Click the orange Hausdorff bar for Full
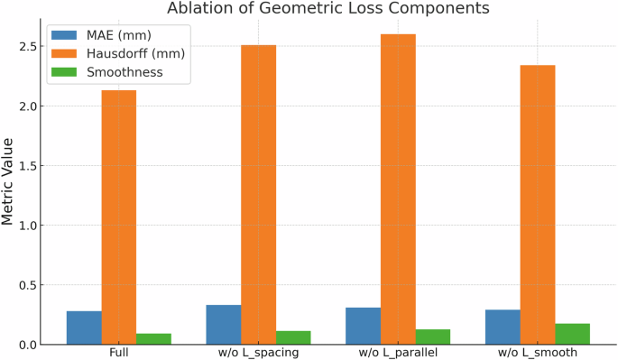pyautogui.click(x=119, y=217)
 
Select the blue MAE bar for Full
pyautogui.click(x=84, y=328)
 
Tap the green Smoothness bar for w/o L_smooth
pyautogui.click(x=572, y=334)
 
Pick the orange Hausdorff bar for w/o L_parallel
pyautogui.click(x=398, y=189)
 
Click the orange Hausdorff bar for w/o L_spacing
pyautogui.click(x=258, y=194)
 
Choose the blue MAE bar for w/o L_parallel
pyautogui.click(x=363, y=326)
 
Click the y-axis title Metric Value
pyautogui.click(x=8, y=180)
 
